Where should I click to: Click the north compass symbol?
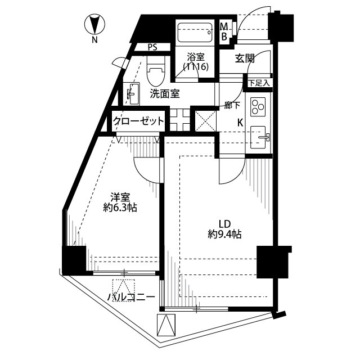94,24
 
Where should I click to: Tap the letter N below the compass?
94,40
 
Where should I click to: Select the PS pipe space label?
152,47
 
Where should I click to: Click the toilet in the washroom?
156,70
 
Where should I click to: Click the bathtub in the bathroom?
195,33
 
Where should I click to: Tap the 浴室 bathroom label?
196,57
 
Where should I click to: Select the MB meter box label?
224,31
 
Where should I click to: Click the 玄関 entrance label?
245,58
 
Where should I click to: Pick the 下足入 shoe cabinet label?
259,83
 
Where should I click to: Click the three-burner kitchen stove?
258,107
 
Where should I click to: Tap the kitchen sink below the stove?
258,137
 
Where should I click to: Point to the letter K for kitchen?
240,123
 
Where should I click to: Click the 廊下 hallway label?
232,105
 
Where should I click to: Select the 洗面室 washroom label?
165,94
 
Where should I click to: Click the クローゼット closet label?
139,121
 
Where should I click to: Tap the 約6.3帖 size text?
120,208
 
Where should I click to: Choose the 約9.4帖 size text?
224,235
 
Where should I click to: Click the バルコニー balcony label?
131,297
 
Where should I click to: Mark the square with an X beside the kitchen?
206,121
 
